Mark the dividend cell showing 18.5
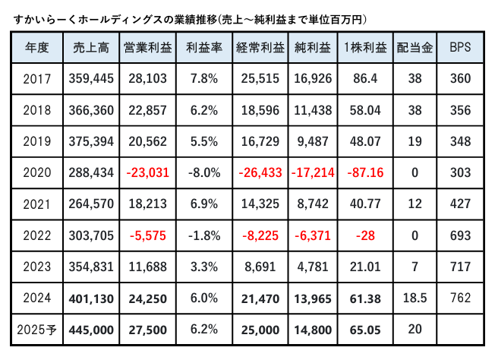414,299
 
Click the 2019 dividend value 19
414,141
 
